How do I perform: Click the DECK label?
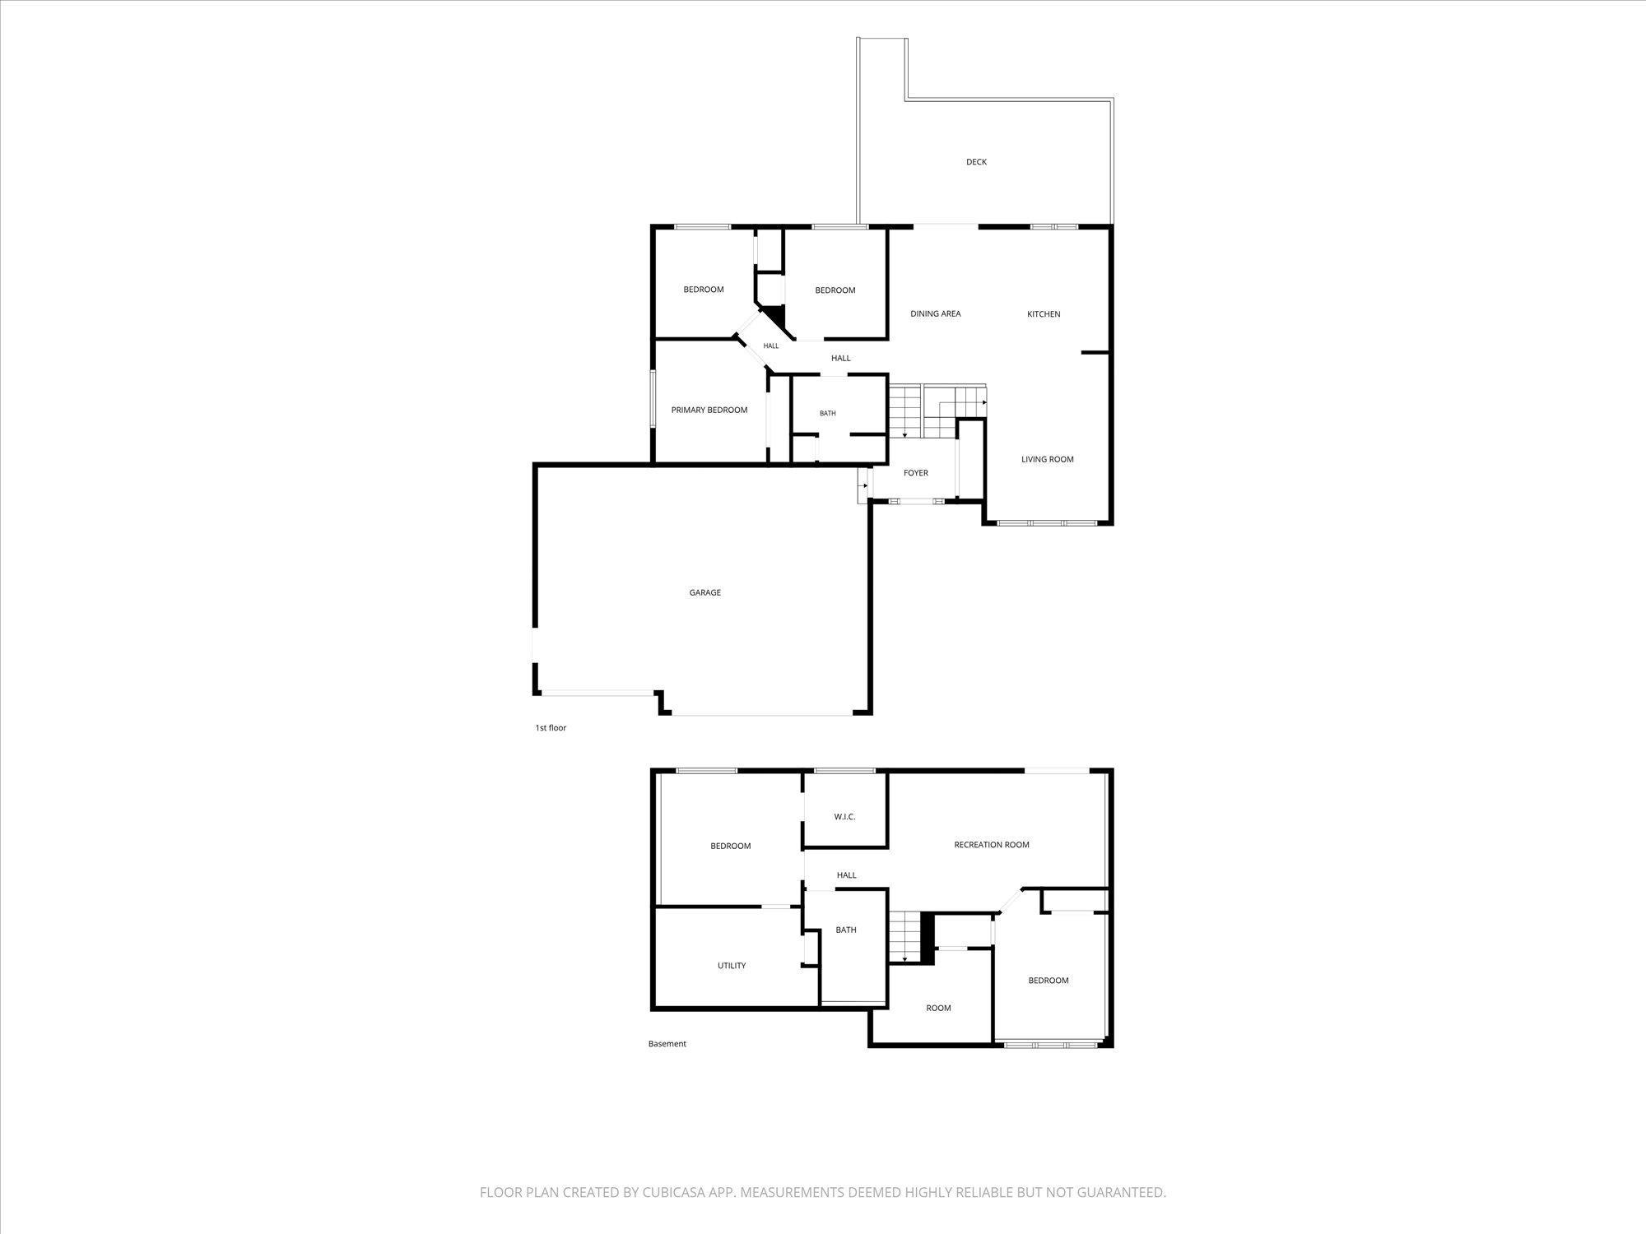pos(976,162)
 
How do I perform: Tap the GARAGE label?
pos(705,592)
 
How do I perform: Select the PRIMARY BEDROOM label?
pos(709,410)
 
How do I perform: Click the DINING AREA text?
pos(936,313)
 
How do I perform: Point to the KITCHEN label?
pos(1044,313)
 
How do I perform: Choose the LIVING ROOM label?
pos(1048,459)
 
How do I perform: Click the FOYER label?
pos(916,473)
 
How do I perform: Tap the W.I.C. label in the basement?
pos(845,817)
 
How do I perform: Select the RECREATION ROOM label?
pos(992,845)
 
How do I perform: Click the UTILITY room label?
pos(732,966)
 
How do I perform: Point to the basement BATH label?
pos(846,930)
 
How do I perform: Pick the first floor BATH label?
pos(828,413)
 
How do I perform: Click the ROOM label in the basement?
pos(938,1008)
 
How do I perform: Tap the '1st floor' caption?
pos(551,728)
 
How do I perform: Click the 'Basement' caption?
pos(667,1044)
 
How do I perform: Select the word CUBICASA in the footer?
pos(678,1192)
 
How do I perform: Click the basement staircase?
pos(904,938)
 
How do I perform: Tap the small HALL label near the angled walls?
pos(771,346)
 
